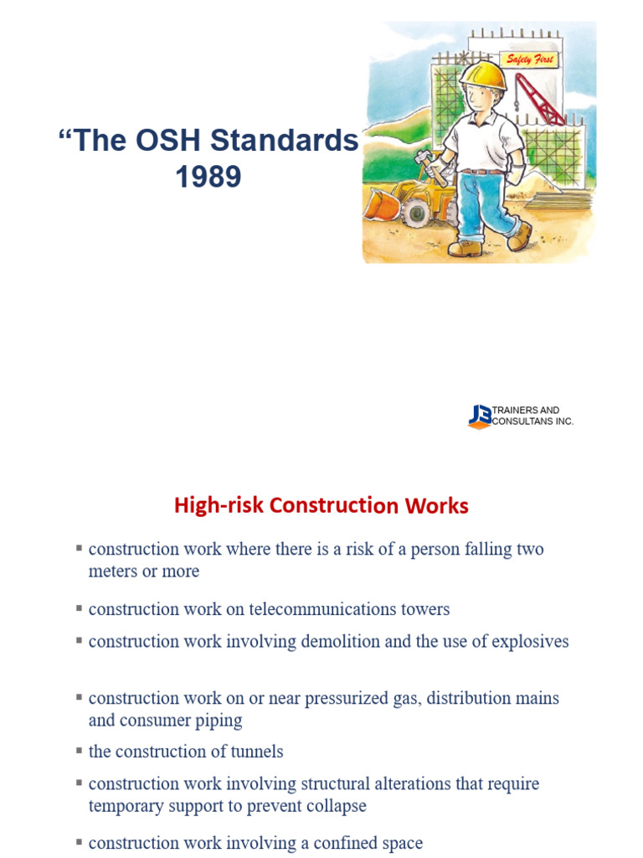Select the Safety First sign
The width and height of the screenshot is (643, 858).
(529, 59)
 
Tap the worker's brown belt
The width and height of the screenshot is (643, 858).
(485, 171)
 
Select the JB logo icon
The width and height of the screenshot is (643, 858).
(481, 416)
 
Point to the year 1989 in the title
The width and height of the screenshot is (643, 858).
(208, 177)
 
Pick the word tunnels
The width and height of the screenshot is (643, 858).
(255, 752)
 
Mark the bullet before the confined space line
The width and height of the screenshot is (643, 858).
(79, 840)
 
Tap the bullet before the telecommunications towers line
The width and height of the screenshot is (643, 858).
(79, 607)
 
